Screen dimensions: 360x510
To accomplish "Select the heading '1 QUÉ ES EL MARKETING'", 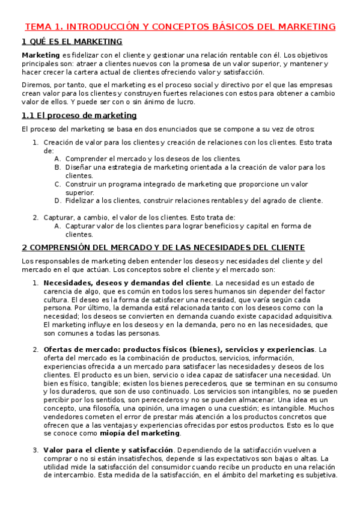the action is [72, 41].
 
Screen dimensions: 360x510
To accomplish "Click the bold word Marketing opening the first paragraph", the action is [40, 55].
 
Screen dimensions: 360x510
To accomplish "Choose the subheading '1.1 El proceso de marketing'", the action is [79, 115].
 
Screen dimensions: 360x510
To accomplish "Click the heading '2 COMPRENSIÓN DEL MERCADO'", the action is [163, 247].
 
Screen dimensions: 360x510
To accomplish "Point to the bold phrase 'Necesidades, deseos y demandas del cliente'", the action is [127, 283].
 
